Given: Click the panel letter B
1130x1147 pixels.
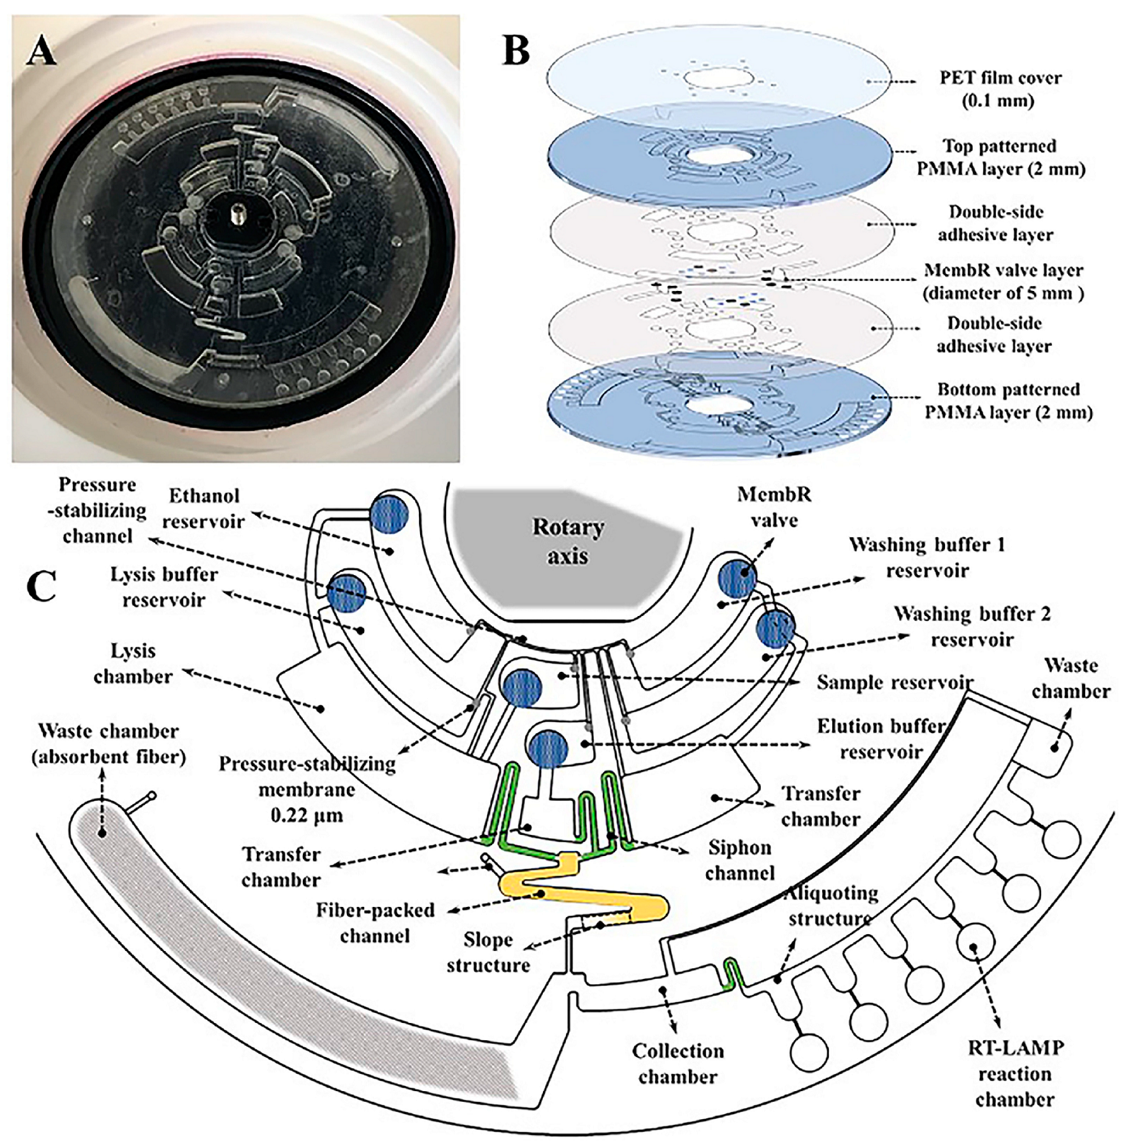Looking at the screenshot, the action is [516, 49].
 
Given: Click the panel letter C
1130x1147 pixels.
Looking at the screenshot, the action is [42, 585].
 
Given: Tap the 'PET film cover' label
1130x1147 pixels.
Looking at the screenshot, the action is [999, 89].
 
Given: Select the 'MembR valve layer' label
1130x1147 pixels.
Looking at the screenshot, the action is [1003, 281].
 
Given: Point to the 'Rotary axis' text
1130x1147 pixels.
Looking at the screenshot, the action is [568, 541].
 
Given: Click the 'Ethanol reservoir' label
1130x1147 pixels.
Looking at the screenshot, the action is [204, 508].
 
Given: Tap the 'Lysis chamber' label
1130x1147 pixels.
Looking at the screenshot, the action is [133, 663].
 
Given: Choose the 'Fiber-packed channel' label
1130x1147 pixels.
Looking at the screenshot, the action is [375, 922].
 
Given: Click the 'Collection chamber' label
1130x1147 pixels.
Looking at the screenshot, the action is [678, 1063].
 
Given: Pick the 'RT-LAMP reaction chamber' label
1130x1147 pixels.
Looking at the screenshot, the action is [1015, 1073].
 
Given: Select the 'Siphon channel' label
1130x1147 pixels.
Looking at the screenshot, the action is [740, 860].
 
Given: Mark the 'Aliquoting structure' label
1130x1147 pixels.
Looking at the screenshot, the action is [832, 905].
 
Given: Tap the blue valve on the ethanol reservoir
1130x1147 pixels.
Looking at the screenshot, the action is [389, 514].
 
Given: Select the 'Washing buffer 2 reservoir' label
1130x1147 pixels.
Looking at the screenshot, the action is [972, 626].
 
